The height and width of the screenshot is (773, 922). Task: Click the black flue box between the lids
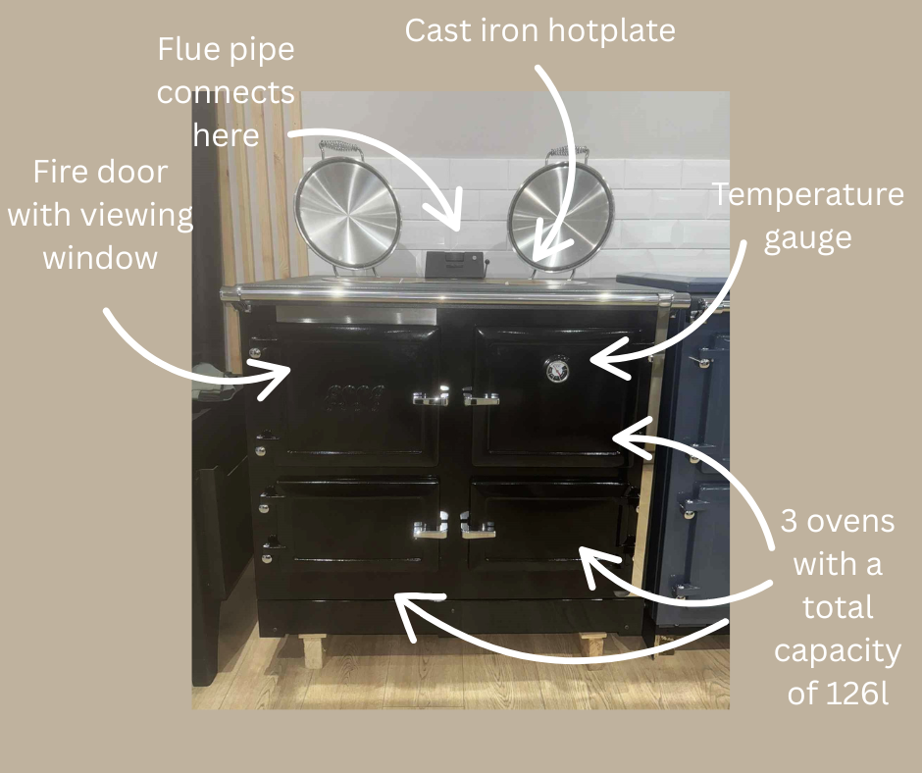point(452,262)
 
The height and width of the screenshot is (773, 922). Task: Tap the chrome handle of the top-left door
point(431,397)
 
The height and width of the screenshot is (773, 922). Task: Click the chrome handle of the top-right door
point(481,397)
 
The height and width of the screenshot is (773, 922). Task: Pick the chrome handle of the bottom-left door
point(430,530)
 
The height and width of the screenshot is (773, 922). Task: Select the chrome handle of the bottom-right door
point(479,530)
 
